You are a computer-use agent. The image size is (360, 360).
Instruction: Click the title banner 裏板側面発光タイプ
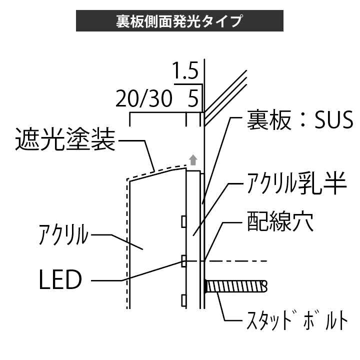pos(179,21)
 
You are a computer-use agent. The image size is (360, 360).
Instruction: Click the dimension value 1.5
pos(186,71)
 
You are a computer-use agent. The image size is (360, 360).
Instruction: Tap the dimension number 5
pos(192,98)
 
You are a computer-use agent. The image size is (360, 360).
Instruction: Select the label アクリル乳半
pos(294,184)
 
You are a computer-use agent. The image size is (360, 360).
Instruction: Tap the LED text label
pos(60,280)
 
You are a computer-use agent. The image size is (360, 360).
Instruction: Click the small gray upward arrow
pos(193,160)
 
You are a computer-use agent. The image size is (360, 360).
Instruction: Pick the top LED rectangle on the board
pos(184,220)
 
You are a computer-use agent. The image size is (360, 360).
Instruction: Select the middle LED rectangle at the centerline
pos(184,260)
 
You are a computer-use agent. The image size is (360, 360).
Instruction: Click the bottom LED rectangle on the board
pos(184,300)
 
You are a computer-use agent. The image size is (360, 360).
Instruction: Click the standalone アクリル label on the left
pos(64,234)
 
